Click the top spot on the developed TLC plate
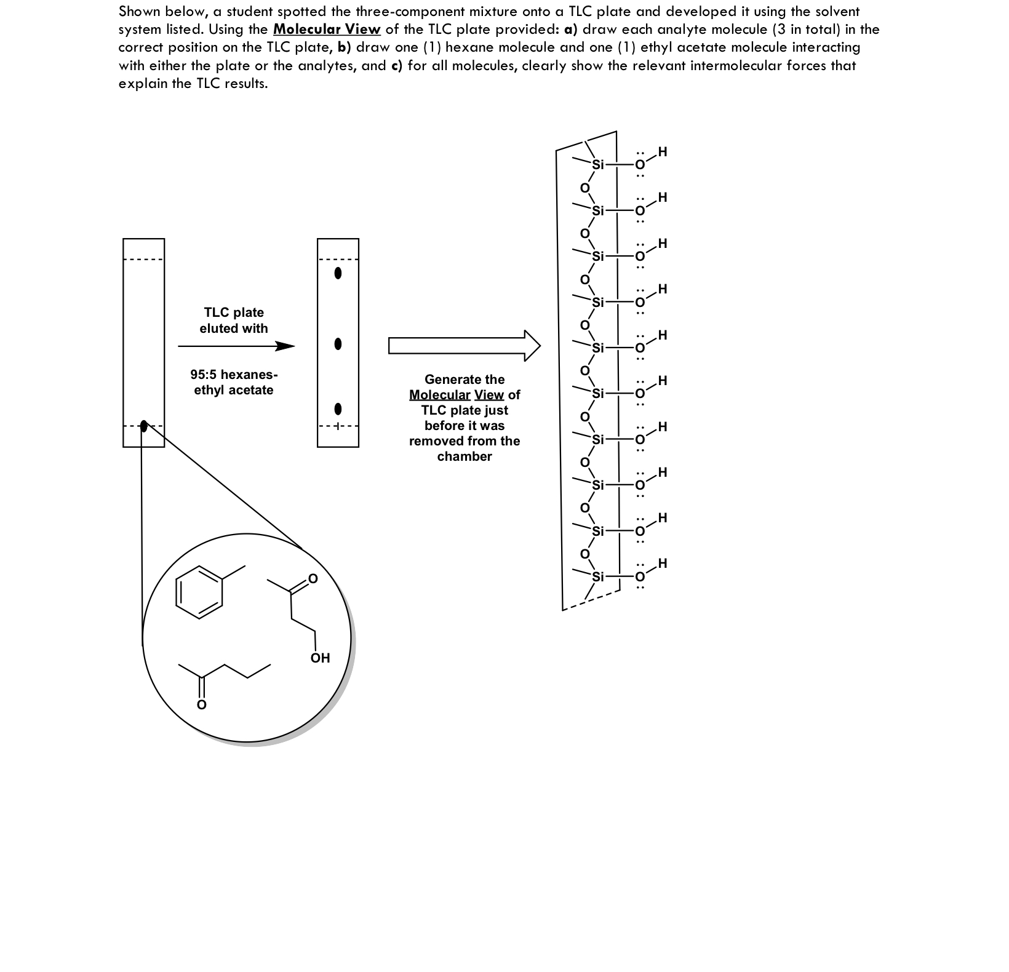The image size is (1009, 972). click(x=337, y=273)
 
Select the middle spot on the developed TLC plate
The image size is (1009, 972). click(x=337, y=344)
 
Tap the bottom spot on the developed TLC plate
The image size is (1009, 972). click(x=337, y=408)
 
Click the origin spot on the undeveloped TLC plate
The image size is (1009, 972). click(x=144, y=426)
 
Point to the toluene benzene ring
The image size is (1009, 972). click(x=199, y=592)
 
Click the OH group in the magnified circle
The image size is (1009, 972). click(x=320, y=658)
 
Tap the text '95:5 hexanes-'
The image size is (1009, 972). click(x=234, y=375)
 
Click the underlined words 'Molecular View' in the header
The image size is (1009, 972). click(x=327, y=30)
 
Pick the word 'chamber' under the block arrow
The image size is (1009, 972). click(x=465, y=456)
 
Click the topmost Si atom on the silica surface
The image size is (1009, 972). click(x=599, y=165)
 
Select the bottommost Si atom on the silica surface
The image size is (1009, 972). click(x=599, y=577)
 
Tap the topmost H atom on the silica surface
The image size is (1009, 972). click(x=662, y=151)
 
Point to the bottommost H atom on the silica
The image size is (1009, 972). click(x=662, y=564)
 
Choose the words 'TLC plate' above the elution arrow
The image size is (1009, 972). click(x=234, y=313)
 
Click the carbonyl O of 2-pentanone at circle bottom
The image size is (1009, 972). click(x=201, y=704)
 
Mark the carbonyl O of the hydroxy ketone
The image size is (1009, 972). click(x=313, y=578)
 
